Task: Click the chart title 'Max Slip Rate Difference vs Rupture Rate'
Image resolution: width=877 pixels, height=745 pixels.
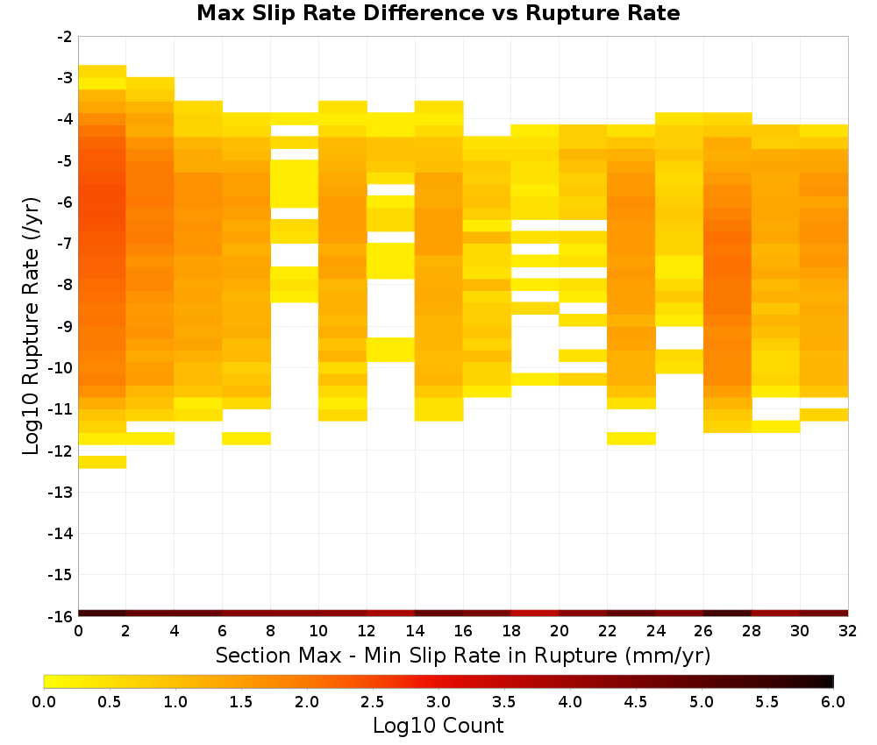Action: coord(438,13)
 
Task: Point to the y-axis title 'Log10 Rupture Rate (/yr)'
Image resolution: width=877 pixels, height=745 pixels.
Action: coord(32,326)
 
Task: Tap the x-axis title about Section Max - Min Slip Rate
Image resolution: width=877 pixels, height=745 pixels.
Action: coord(463,655)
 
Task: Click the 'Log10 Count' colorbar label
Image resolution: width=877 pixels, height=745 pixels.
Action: coord(438,726)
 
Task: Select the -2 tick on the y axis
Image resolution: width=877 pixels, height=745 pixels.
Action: coord(64,37)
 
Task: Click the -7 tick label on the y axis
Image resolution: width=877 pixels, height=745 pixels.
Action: coord(64,244)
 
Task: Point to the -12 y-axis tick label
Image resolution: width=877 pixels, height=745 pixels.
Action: coord(61,451)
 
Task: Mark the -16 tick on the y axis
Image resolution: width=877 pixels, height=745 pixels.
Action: coord(61,616)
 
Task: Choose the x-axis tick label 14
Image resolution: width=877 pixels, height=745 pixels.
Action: coord(415,631)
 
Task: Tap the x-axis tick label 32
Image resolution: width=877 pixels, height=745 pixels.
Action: coord(848,631)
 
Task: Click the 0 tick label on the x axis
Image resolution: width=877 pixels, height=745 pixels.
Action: coord(78,631)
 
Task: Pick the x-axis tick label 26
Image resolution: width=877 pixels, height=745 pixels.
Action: coord(703,631)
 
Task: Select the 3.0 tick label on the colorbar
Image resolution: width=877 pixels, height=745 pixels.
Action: coord(438,701)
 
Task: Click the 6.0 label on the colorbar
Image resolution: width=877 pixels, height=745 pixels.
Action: coord(833,701)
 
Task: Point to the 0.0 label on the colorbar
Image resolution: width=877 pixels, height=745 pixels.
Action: coord(44,701)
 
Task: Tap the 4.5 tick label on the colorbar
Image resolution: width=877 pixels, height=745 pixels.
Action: coord(636,701)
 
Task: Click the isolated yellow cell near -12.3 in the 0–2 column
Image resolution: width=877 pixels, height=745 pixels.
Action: coord(103,462)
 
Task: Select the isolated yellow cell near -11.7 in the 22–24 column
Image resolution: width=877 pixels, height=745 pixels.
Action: coord(631,438)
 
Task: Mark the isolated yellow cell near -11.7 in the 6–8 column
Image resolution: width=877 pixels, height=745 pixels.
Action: coord(246,438)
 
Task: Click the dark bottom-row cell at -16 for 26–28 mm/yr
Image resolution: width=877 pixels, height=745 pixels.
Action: coord(728,614)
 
